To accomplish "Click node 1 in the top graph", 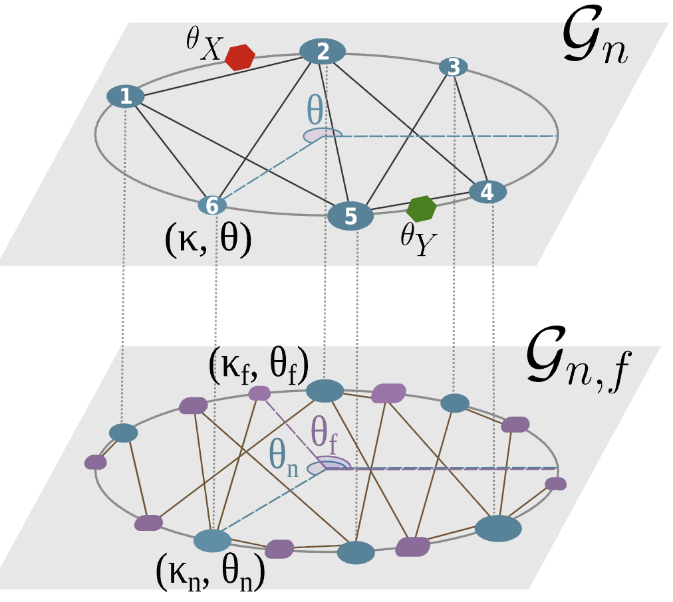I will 126,97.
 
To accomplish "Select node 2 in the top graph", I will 323,52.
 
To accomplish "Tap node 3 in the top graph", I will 453,67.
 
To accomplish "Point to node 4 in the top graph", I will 487,192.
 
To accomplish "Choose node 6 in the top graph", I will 212,206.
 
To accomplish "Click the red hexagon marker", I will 239,57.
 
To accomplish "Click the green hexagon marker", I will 422,209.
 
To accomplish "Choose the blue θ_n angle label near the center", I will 285,456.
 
